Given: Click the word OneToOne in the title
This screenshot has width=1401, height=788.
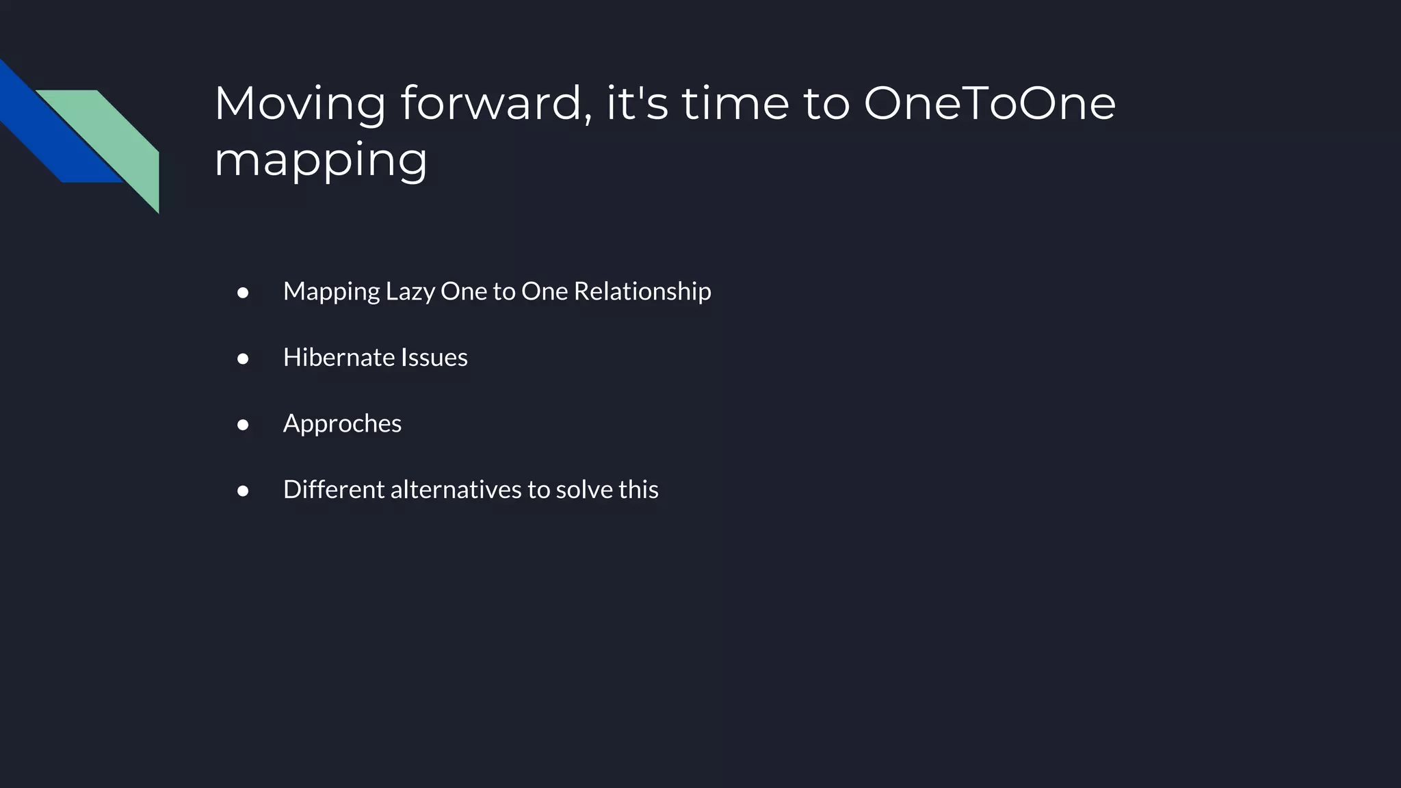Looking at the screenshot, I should pos(989,103).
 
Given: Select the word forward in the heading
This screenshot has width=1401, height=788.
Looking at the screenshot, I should pos(496,103).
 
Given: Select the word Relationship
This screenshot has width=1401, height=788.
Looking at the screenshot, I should pos(642,292).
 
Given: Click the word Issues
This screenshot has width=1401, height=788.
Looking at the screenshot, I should pos(434,358).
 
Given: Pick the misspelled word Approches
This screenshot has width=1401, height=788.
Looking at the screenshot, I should pos(342,424).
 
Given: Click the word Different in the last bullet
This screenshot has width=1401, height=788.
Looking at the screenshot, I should pos(334,490).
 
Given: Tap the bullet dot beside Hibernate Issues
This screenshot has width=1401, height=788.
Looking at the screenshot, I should pos(243,358).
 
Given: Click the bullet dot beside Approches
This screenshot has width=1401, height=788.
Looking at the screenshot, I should pos(243,425).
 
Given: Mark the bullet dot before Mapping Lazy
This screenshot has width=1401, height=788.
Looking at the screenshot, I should pos(243,293).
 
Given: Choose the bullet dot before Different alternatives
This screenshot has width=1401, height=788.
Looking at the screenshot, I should pos(243,491).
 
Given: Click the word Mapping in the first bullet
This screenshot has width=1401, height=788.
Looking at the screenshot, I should pos(331,292).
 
